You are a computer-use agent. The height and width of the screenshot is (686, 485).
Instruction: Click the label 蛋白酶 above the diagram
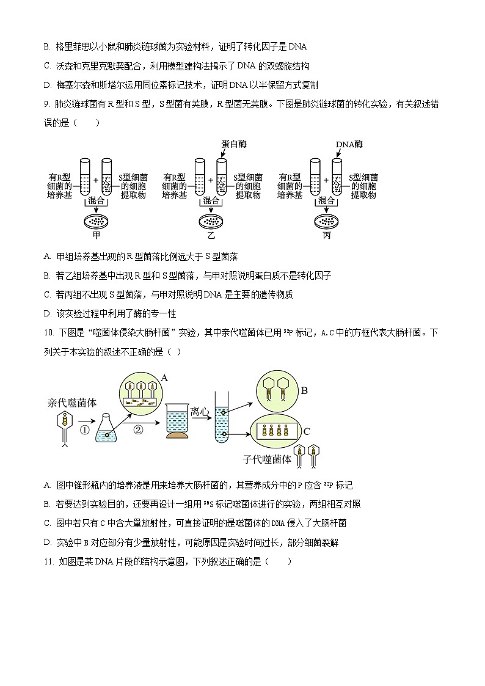234,144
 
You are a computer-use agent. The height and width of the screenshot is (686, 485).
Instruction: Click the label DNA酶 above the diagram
349,144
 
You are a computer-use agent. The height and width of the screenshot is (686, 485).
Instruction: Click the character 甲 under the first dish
96,236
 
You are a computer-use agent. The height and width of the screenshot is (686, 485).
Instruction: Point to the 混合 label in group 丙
326,200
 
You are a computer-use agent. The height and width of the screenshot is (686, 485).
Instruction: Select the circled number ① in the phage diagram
85,430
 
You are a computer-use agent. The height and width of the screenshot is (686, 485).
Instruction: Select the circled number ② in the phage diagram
138,430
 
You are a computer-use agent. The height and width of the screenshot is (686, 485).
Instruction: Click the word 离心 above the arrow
200,411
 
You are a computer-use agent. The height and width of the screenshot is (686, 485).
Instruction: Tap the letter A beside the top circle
164,378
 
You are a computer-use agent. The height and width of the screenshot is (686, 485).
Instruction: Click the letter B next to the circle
304,391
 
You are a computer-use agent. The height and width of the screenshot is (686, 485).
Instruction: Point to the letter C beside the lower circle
307,431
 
